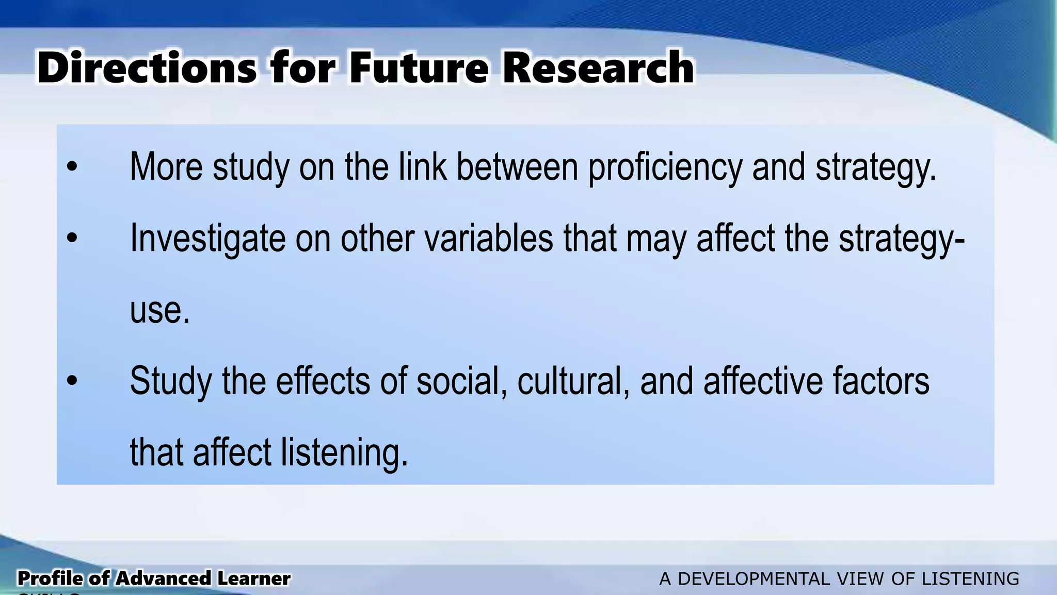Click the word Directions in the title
[147, 68]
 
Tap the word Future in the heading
[418, 68]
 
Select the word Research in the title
[598, 68]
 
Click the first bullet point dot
[72, 167]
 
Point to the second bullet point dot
[72, 238]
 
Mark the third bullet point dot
[72, 381]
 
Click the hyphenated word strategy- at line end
[901, 239]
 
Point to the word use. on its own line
[159, 311]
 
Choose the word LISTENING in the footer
[970, 579]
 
